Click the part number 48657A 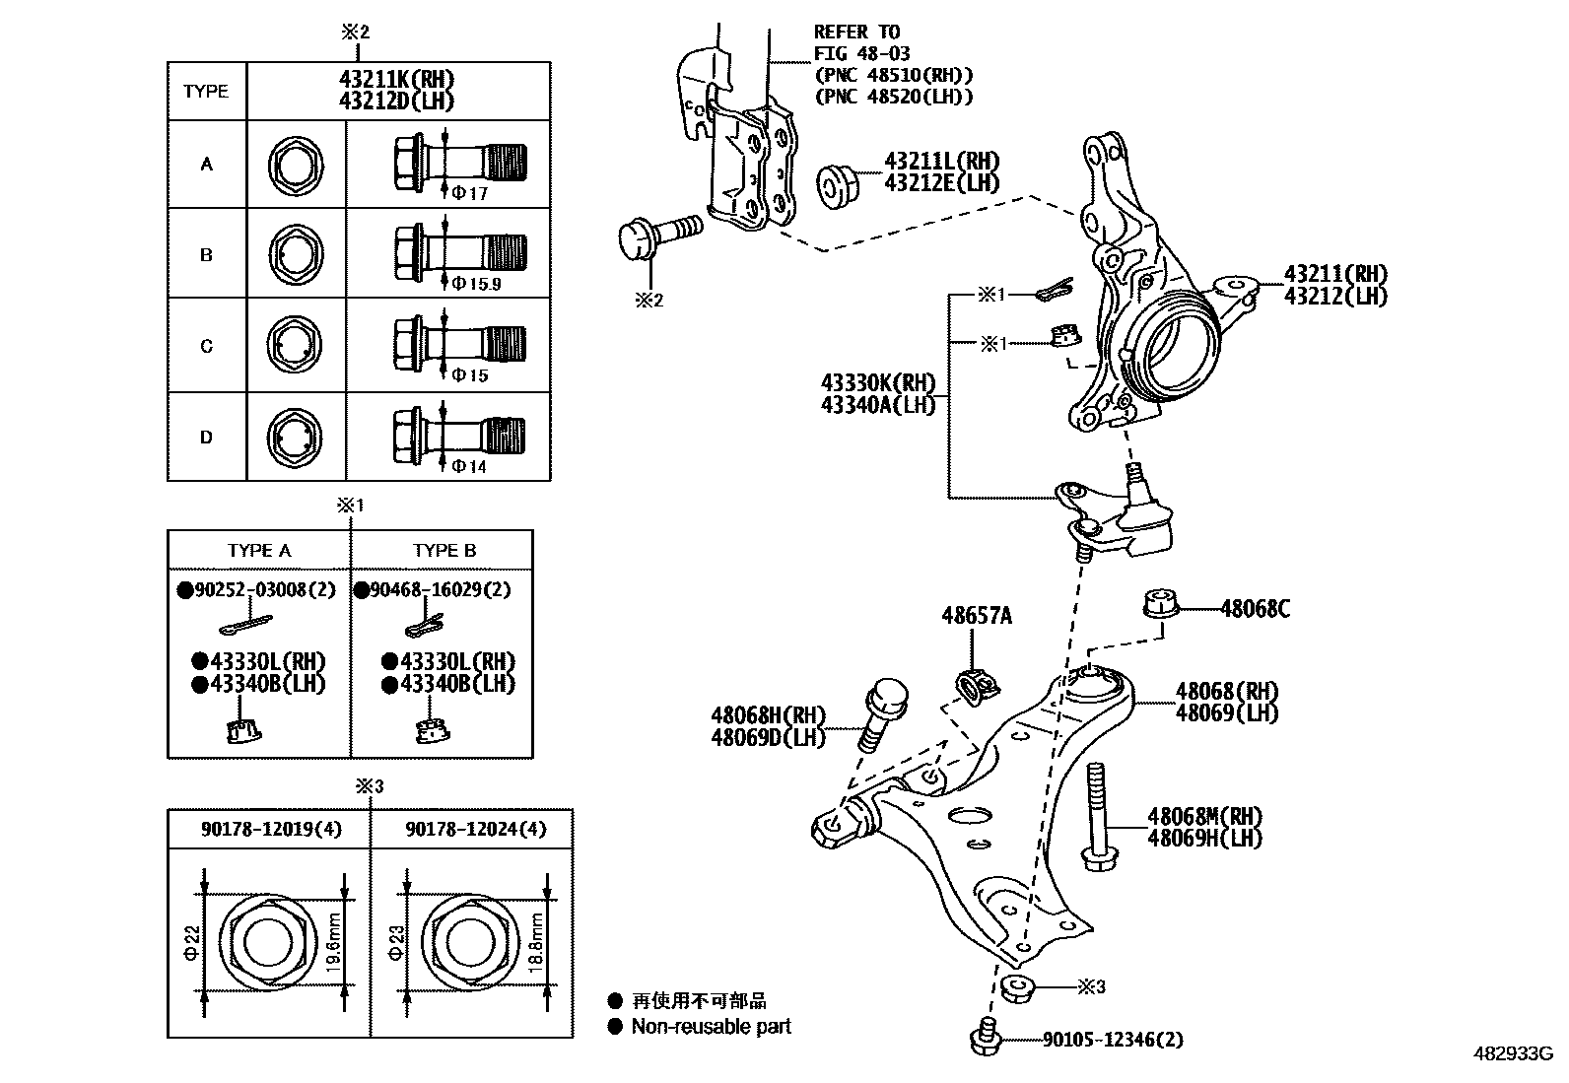(976, 616)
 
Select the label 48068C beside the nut (1254, 609)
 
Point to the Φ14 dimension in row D (469, 466)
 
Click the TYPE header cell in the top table (206, 92)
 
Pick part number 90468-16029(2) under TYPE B (439, 590)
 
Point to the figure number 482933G (1514, 1053)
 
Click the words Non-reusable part (711, 1027)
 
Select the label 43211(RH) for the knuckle (1334, 275)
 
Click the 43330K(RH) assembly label (878, 383)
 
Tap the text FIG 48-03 (861, 53)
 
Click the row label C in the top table (206, 346)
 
